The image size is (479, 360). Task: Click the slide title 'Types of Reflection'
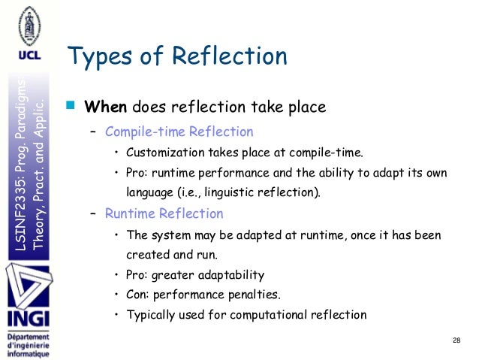[x=177, y=56]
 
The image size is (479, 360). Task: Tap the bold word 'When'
[x=107, y=107]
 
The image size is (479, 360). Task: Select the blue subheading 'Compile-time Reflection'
[x=179, y=132]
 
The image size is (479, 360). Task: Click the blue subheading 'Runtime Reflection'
[x=164, y=213]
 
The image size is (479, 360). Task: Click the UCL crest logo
[x=26, y=26]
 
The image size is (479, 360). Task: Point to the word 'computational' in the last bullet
[x=276, y=315]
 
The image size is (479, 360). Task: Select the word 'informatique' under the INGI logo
[x=27, y=352]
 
